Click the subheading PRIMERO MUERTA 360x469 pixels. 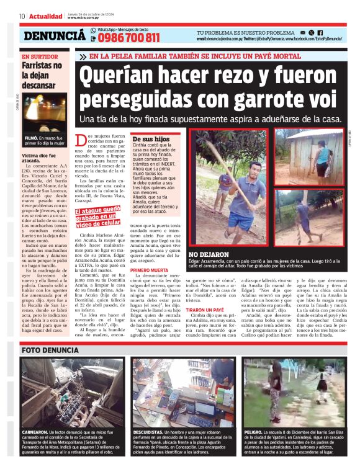(x=151, y=271)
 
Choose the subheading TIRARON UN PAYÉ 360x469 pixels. (x=205, y=327)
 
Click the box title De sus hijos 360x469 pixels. (x=151, y=140)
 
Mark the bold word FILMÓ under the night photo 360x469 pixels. (x=32, y=138)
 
